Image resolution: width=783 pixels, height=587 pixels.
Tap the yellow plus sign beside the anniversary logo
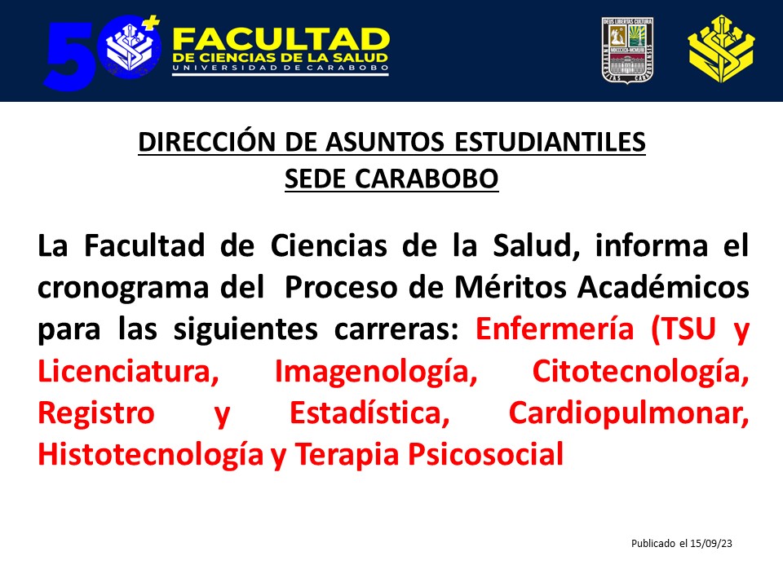pos(153,23)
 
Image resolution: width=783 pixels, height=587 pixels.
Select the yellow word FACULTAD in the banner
pos(280,40)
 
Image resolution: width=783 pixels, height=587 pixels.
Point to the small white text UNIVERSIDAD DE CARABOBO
pos(280,68)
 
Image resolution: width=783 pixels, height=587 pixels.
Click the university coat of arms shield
pos(628,50)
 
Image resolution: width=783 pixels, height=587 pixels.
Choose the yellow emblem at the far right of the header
pos(721,49)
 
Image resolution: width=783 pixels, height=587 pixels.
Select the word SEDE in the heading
pos(315,179)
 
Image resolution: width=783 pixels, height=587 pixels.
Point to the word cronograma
pos(123,289)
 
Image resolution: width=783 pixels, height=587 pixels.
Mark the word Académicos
pos(664,288)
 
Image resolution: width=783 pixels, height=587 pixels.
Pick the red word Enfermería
pos(555,329)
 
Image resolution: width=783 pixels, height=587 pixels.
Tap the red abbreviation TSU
pos(683,329)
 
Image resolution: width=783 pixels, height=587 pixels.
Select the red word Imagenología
pos(376,373)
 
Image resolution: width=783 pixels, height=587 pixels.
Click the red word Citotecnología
pos(641,373)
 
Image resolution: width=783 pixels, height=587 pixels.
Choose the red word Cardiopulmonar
pos(629,414)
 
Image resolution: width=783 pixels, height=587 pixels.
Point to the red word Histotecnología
pos(150,455)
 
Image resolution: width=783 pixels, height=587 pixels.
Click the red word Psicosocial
pos(486,454)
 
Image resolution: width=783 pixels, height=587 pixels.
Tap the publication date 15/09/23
pos(710,544)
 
